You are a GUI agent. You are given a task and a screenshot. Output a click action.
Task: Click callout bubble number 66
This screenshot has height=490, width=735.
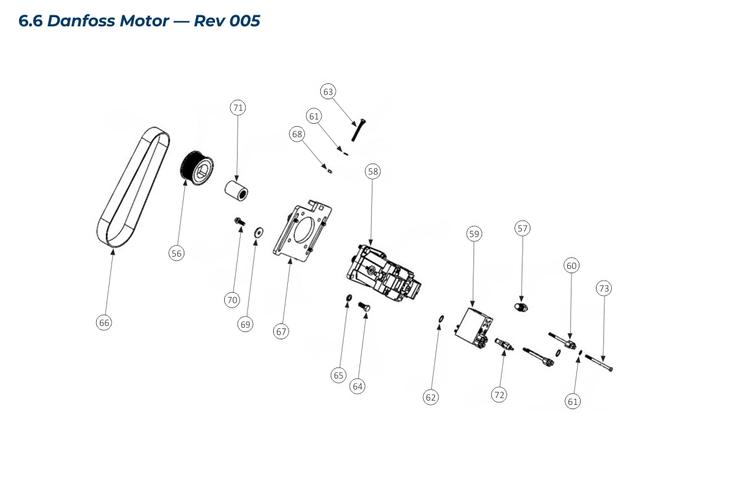point(104,322)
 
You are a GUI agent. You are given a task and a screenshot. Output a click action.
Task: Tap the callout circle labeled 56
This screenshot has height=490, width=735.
point(176,253)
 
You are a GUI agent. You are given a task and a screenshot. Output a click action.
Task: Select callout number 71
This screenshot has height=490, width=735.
point(238,108)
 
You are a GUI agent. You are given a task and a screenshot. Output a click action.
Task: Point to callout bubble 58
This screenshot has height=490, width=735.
point(372,171)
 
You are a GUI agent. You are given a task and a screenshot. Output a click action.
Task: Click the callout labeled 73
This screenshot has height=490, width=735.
point(604,288)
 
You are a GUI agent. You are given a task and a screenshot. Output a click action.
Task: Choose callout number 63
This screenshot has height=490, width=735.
point(328,92)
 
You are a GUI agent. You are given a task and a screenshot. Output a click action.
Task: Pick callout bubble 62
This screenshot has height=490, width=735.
point(431,397)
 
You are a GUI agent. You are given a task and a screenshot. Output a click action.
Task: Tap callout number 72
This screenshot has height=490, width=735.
point(499,395)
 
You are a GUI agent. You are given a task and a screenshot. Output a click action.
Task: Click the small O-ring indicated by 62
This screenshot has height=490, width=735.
point(440,318)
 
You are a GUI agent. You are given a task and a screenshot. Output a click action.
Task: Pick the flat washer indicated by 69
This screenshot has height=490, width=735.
point(258,232)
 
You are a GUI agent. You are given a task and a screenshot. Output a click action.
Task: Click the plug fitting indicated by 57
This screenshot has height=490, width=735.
point(521,306)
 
